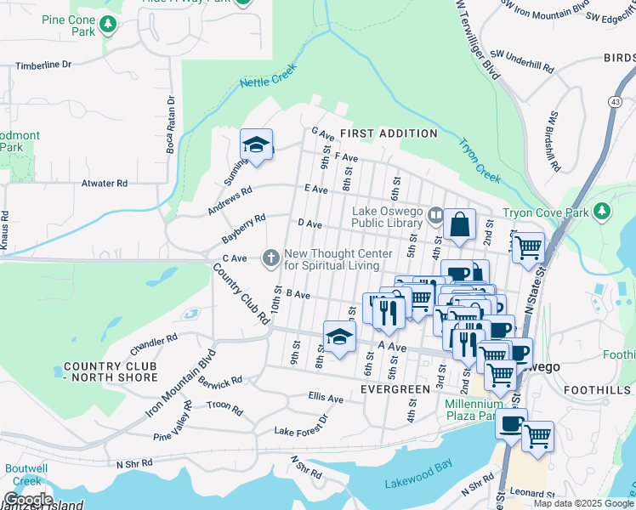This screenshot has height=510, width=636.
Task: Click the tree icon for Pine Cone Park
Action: point(107,26)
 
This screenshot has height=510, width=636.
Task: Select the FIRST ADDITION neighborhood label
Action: point(389,133)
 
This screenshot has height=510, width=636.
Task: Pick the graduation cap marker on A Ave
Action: point(339,337)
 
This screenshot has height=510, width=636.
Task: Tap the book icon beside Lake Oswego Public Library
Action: point(436,215)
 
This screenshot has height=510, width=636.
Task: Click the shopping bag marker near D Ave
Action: point(459,225)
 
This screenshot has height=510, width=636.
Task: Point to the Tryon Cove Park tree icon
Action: point(602,210)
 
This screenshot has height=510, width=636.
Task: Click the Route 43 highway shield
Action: point(614,101)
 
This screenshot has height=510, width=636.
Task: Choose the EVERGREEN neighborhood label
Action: point(395,388)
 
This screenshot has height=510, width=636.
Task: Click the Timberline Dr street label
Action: point(43,65)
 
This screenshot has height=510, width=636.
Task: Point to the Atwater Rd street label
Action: point(105,183)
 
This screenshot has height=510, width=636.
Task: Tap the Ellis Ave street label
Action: point(326,398)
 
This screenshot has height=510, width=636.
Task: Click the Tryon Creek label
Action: point(480,161)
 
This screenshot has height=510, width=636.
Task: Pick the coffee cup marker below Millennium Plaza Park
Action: point(511,424)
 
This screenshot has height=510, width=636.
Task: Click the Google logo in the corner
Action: point(28,500)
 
